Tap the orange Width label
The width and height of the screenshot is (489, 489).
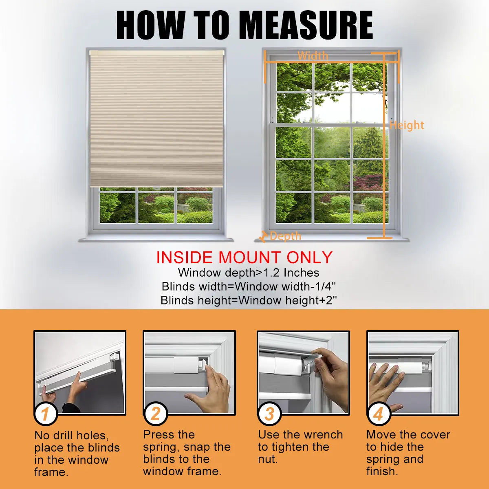pos(313,56)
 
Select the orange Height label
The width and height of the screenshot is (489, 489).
pos(407,126)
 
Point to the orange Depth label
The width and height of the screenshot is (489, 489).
pos(286,236)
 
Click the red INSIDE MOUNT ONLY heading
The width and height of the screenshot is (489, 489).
pos(244,257)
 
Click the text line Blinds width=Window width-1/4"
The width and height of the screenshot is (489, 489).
pos(249,287)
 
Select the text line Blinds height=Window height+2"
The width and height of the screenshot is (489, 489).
pos(249,301)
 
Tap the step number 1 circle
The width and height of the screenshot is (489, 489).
pos(46,414)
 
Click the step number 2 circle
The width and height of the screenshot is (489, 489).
pos(156,414)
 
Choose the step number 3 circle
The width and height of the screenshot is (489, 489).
pos(269,414)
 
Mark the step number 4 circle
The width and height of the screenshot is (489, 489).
pos(378,414)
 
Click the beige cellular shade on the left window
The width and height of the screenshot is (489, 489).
pos(156,119)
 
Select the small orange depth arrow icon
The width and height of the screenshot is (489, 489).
pos(263,236)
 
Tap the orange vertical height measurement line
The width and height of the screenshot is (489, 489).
pos(384,145)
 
